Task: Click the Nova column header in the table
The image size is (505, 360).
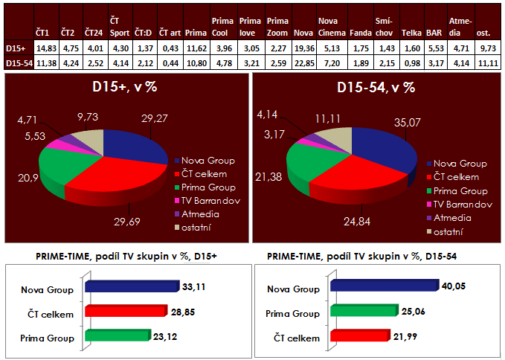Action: click(x=302, y=33)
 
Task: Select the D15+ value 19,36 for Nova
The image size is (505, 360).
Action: click(x=302, y=48)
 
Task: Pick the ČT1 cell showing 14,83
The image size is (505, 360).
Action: click(x=42, y=48)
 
